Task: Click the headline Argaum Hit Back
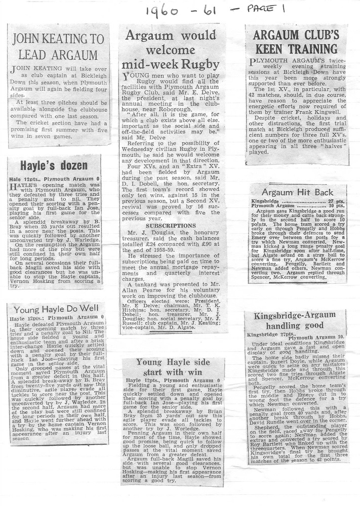point(298,192)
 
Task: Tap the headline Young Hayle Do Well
point(56,309)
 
